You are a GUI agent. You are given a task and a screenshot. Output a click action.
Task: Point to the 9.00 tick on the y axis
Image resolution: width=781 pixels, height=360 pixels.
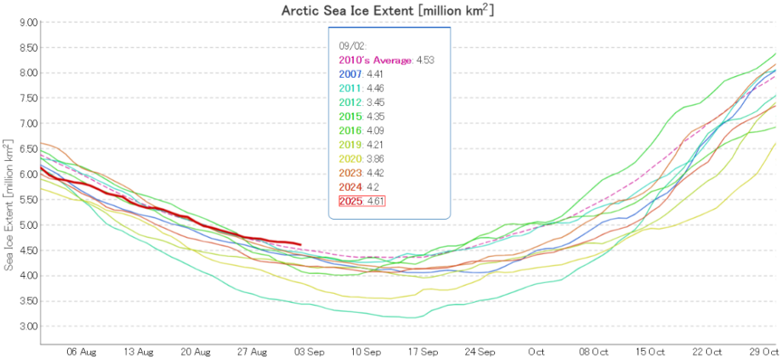[x=28, y=23]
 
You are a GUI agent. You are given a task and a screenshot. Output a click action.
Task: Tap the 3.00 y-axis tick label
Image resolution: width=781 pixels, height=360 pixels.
[x=28, y=326]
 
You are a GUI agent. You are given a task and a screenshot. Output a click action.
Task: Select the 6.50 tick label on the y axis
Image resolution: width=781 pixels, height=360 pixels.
[x=28, y=149]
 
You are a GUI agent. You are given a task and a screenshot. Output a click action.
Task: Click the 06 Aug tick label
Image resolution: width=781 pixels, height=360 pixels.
[x=82, y=353]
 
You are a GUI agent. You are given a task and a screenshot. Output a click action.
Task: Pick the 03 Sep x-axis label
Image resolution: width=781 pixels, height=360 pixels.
[x=310, y=353]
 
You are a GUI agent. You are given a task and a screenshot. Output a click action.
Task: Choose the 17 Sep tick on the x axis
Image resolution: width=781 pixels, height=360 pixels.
[x=423, y=353]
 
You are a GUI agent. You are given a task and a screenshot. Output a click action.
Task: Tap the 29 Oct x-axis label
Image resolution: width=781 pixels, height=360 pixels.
[x=763, y=353]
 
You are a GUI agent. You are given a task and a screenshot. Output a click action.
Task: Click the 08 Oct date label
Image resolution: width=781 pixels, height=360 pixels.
[x=594, y=353]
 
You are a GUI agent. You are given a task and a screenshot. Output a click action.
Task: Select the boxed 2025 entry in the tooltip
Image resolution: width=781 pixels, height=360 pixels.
[x=363, y=201]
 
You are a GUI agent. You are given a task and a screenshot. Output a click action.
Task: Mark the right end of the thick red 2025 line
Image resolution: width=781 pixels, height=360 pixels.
[x=301, y=245]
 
